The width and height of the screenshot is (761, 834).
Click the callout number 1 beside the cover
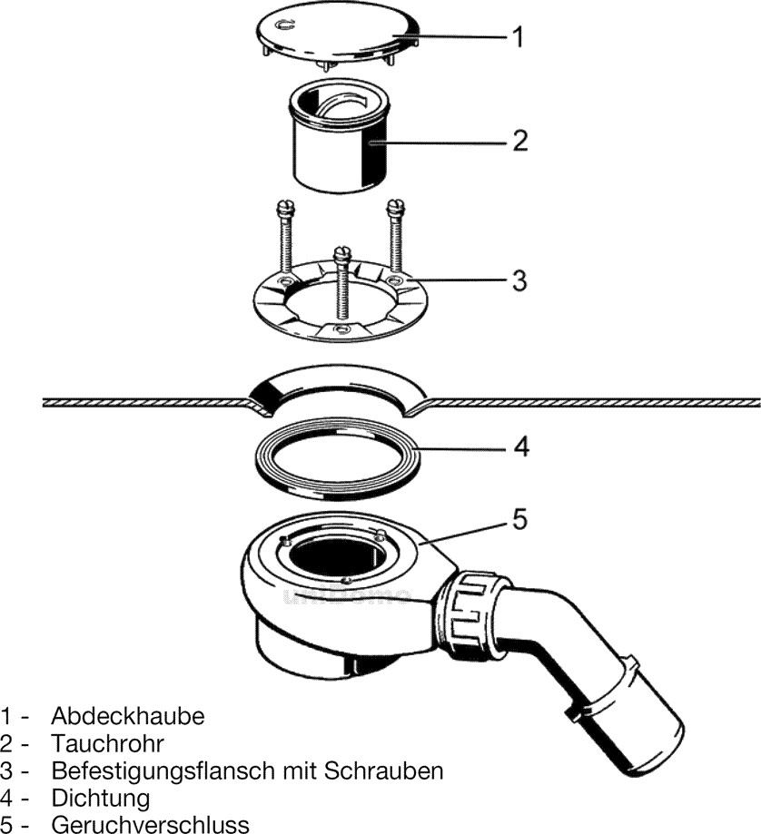coord(517,37)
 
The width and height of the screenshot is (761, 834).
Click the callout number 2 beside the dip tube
coord(519,141)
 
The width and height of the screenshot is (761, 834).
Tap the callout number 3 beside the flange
coord(519,280)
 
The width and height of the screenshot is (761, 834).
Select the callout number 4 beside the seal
coord(519,446)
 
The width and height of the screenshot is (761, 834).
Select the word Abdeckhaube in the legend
coord(128,715)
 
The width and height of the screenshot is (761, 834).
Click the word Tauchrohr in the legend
coord(107,743)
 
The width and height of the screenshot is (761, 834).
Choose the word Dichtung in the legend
coord(100,798)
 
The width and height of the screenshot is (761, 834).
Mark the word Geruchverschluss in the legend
coord(150,824)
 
